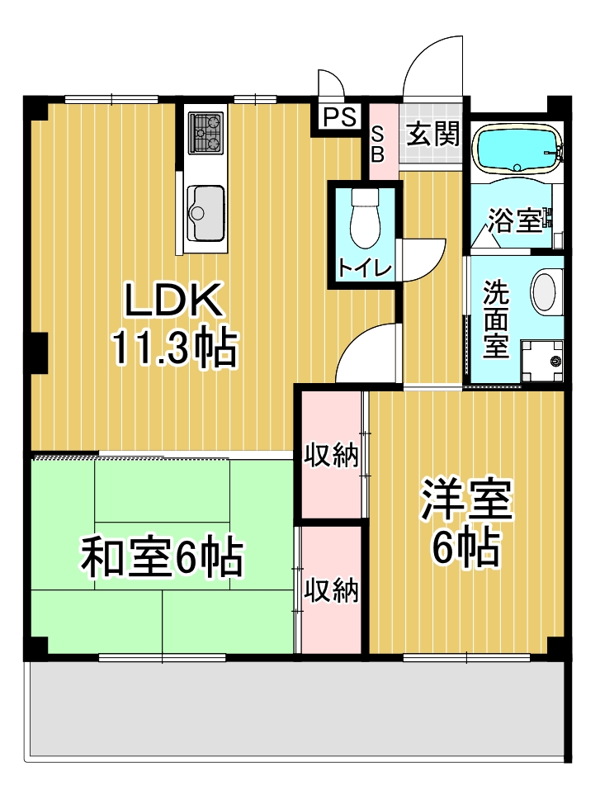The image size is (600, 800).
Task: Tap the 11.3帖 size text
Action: point(174,350)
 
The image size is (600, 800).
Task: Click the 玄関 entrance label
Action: point(433,135)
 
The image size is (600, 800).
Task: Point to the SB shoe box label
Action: point(378,144)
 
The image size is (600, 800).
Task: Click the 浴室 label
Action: point(513,220)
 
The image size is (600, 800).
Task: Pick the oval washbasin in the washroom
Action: point(545,292)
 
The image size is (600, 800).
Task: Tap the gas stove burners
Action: point(206,133)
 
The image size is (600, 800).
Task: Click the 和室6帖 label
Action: point(161,559)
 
